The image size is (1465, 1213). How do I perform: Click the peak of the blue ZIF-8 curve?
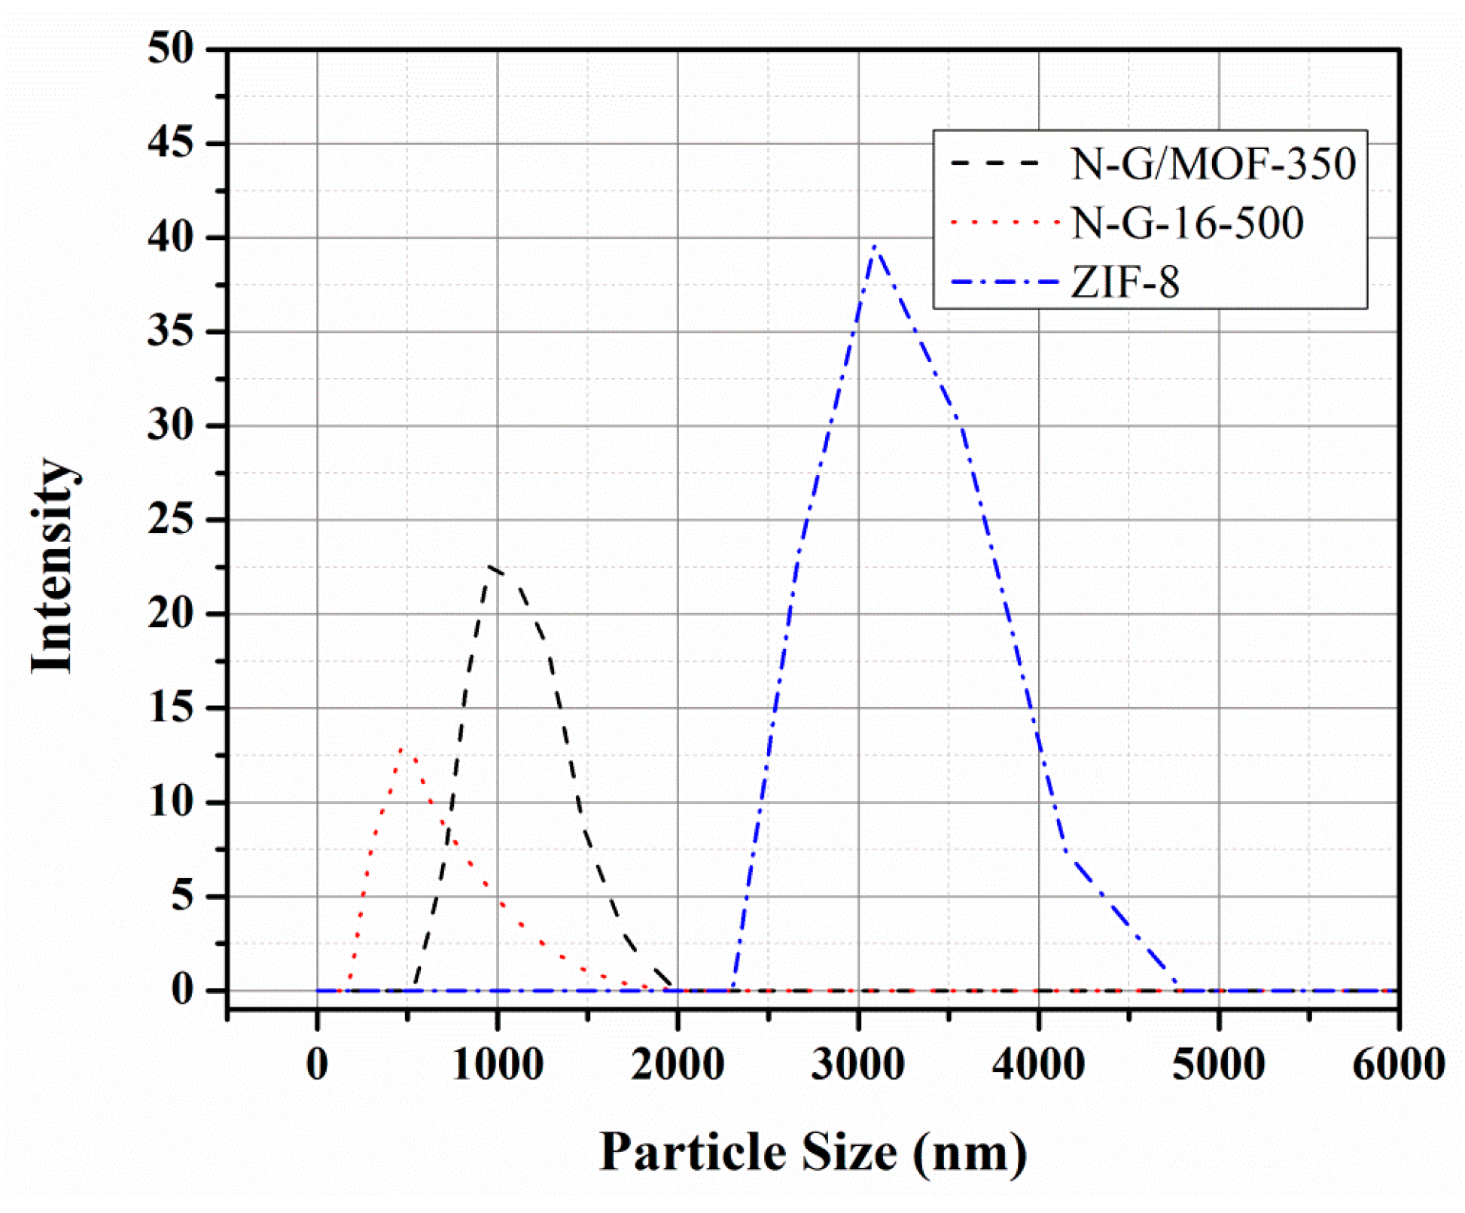click(x=874, y=246)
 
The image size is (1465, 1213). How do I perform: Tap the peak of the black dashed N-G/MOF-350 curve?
click(x=490, y=565)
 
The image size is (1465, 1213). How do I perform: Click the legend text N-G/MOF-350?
click(x=1213, y=163)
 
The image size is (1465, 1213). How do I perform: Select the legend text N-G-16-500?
click(x=1186, y=223)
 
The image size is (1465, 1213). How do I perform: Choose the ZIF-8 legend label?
click(x=1125, y=283)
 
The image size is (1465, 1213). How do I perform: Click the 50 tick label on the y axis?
click(x=170, y=49)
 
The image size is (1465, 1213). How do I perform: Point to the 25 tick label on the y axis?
click(x=170, y=520)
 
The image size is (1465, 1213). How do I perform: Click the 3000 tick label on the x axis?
click(x=857, y=1065)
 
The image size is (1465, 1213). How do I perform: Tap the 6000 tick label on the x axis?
click(x=1398, y=1065)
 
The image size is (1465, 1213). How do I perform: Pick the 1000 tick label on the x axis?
click(x=497, y=1065)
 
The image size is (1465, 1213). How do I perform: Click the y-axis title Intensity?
click(x=53, y=565)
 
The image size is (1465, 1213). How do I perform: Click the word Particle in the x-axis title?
click(x=693, y=1152)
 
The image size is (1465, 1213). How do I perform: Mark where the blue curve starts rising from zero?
click(x=733, y=989)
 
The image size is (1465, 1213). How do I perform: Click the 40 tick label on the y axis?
click(x=170, y=237)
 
